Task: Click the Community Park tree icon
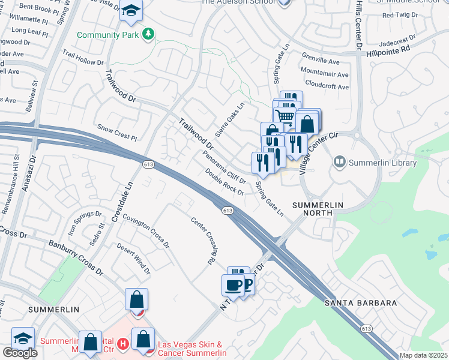pyautogui.click(x=148, y=34)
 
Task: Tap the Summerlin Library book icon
pyautogui.click(x=340, y=163)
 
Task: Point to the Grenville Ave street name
pyautogui.click(x=320, y=61)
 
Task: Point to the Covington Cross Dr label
pyautogui.click(x=146, y=229)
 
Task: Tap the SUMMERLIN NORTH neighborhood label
pyautogui.click(x=317, y=210)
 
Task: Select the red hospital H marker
pyautogui.click(x=122, y=344)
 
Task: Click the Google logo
pyautogui.click(x=20, y=353)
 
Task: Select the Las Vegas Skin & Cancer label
pyautogui.click(x=191, y=349)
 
